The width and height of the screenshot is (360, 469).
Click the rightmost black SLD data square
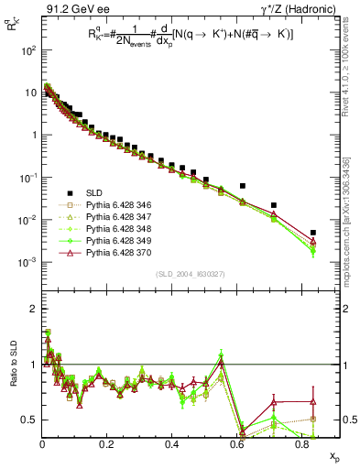coord(313,233)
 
